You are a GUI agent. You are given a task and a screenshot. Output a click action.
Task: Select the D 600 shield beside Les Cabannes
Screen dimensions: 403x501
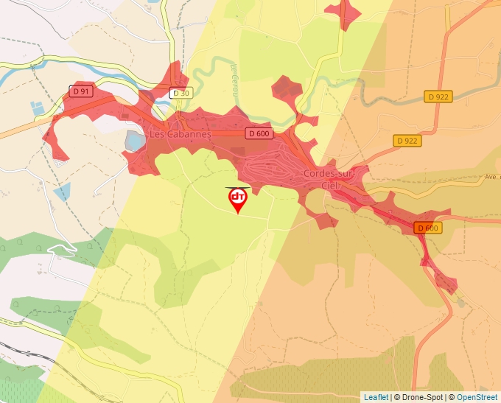tap(259, 133)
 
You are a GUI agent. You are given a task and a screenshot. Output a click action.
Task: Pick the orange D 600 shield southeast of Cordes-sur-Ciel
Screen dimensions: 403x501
tap(427, 228)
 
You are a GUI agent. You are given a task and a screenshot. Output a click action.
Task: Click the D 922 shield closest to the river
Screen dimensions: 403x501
tap(438, 97)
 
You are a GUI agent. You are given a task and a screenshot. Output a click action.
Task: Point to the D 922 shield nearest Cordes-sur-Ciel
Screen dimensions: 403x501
tap(407, 140)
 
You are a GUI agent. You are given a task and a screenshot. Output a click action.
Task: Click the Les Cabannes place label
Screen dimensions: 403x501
tap(180, 135)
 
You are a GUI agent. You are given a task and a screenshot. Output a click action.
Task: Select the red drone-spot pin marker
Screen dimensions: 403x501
tap(237, 199)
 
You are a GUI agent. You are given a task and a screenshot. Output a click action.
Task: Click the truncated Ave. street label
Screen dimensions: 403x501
tap(491, 177)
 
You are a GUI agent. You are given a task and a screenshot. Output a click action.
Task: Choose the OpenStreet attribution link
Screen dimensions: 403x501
tap(477, 397)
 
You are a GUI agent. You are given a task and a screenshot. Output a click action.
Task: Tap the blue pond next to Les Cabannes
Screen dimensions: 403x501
tap(135, 140)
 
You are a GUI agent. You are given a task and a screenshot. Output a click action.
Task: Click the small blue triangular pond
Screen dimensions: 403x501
tap(63, 192)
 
